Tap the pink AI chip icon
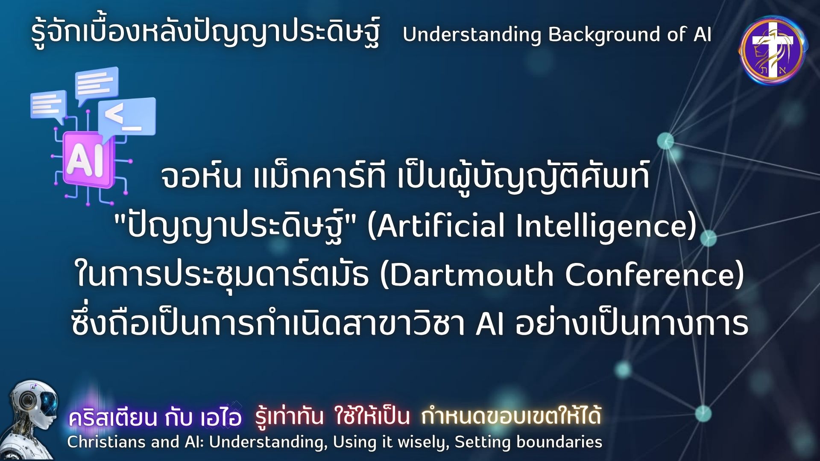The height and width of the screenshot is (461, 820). click(88, 160)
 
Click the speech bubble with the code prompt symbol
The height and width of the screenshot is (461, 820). click(127, 120)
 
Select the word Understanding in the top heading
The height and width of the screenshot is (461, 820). click(472, 35)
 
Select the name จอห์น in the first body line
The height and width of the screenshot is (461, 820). click(201, 175)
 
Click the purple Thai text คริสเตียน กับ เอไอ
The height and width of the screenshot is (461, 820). click(155, 417)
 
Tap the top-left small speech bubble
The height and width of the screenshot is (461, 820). click(48, 105)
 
